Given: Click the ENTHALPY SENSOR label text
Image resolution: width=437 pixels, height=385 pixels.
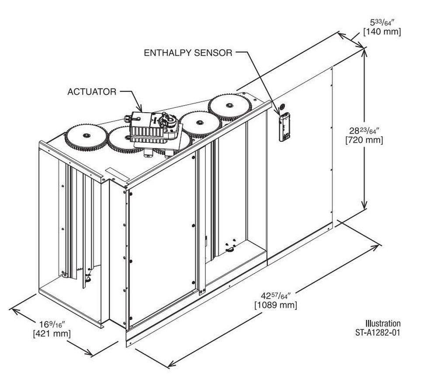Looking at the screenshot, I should [x=188, y=53].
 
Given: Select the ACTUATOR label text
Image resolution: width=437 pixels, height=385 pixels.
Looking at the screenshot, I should [x=92, y=92].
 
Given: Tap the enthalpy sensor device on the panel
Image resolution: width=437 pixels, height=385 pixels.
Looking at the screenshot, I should [x=285, y=127].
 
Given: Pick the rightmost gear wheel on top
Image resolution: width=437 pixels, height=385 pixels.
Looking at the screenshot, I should [x=229, y=106].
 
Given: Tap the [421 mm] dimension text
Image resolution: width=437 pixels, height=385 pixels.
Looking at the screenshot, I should [x=52, y=333].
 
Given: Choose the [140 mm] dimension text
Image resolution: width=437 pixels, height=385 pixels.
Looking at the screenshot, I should [x=382, y=31].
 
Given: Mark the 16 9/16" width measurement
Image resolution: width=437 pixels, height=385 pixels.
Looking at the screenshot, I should [x=52, y=323].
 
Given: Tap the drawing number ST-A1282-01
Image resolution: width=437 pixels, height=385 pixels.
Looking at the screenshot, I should [x=378, y=332].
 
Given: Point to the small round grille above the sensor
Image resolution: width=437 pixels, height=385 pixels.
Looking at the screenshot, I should [x=282, y=106].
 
